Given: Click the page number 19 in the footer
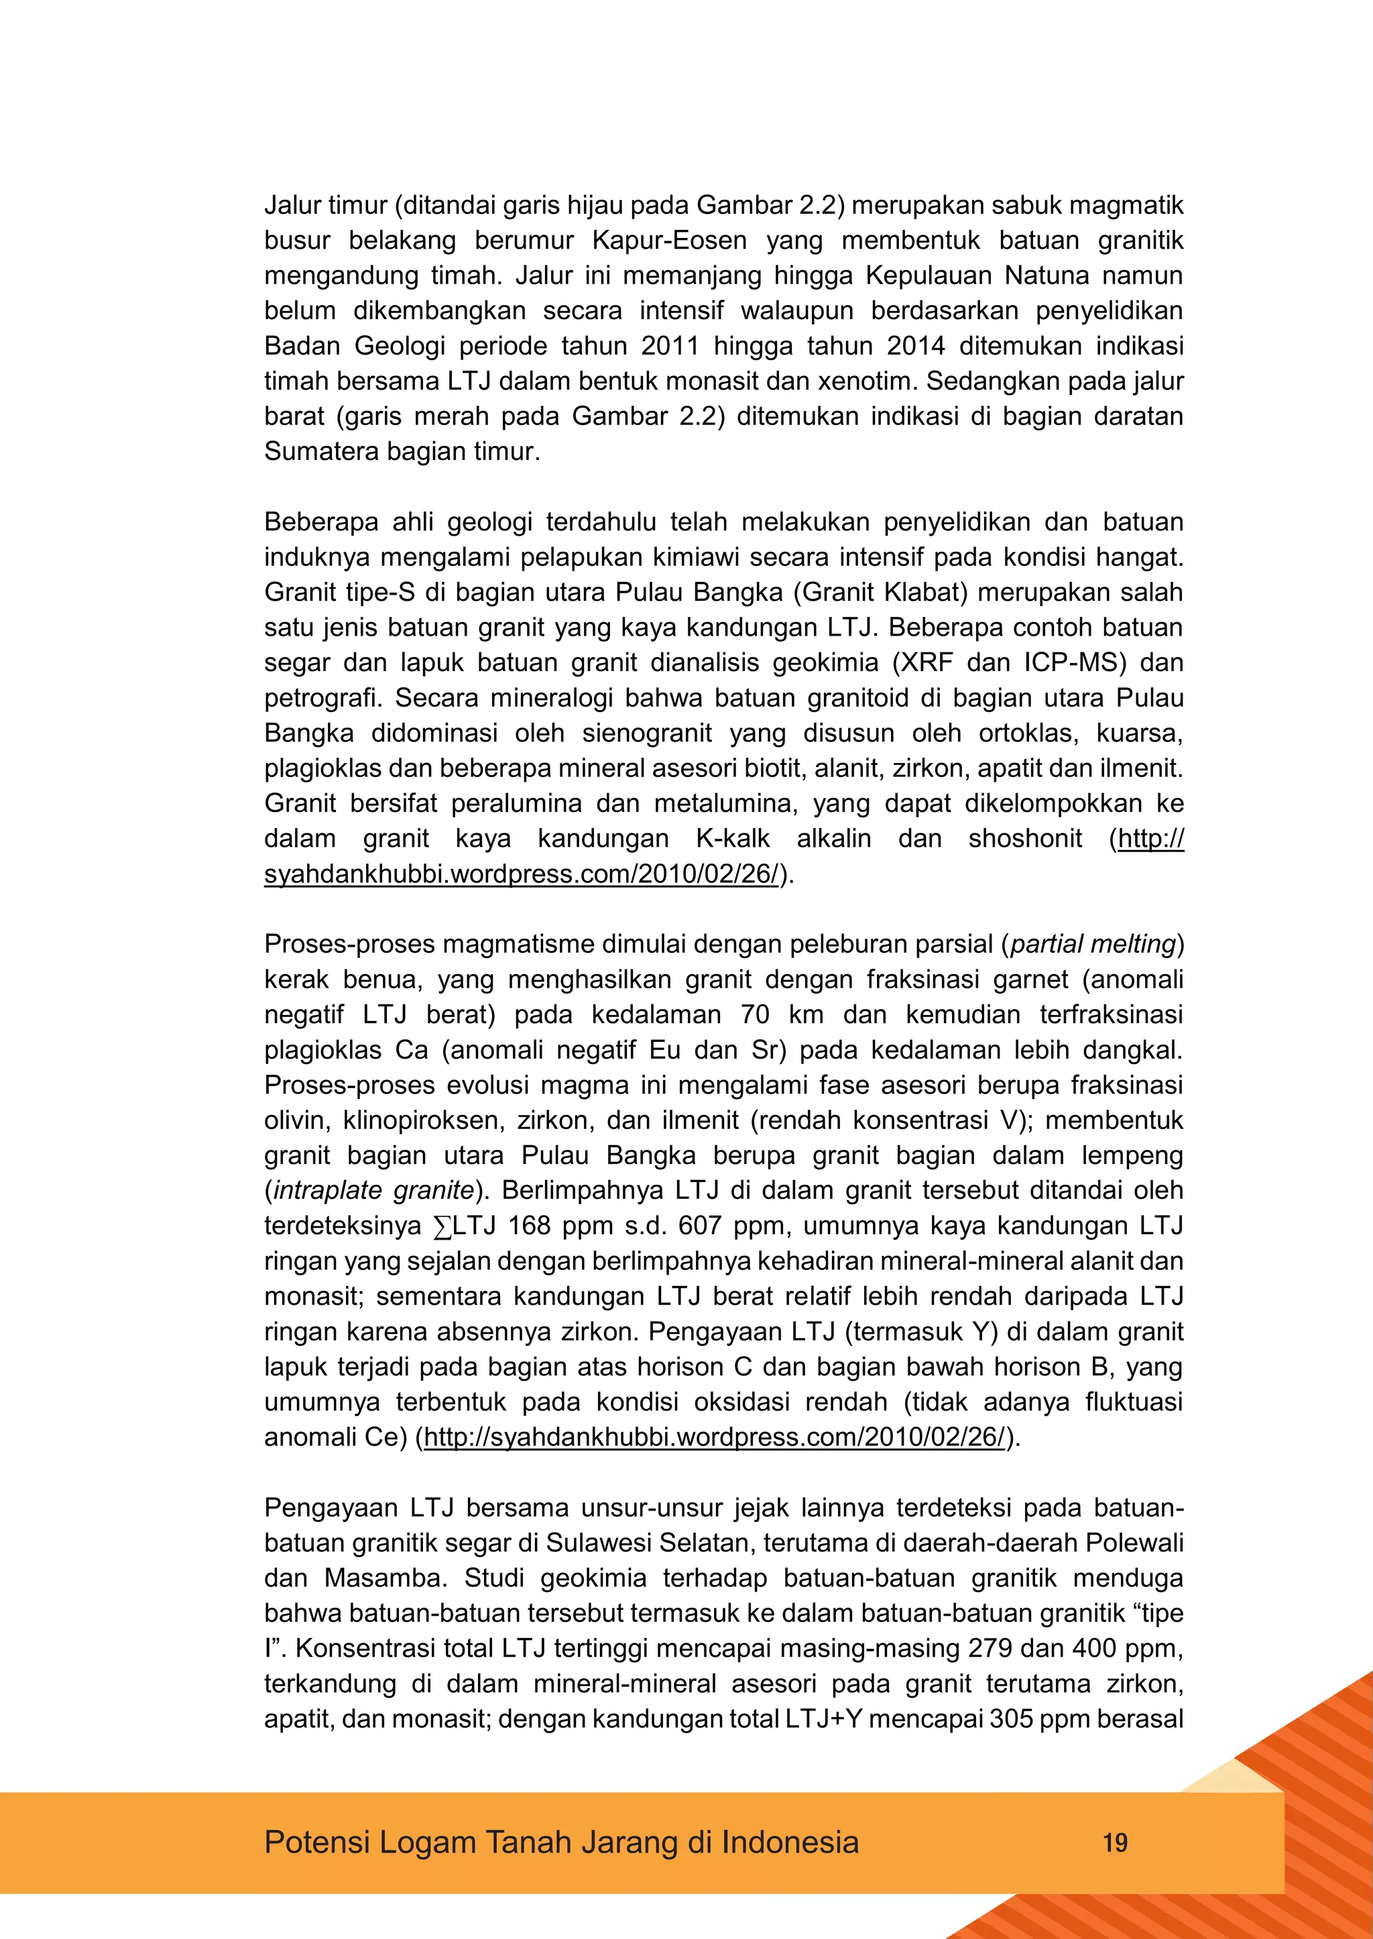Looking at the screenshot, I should click(x=1115, y=1842).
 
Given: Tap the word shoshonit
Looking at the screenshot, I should click(x=1024, y=838).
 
